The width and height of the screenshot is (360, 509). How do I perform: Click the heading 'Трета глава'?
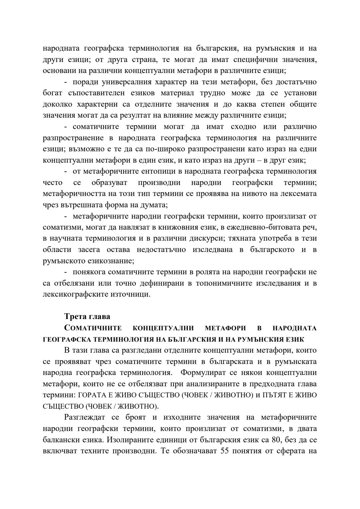[87, 316]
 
